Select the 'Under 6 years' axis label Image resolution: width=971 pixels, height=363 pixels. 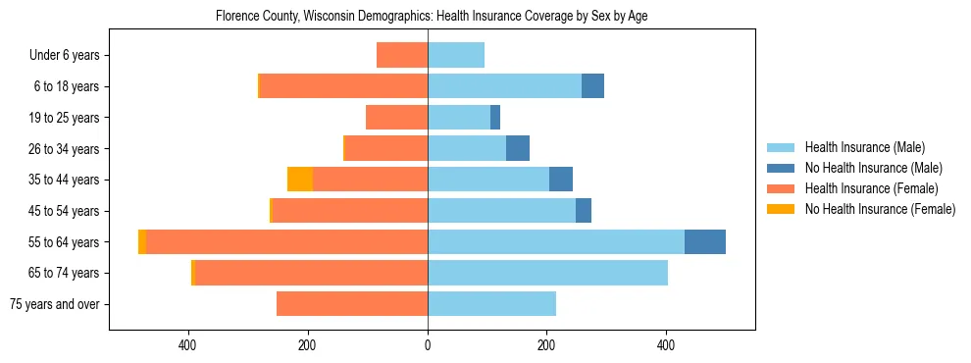[x=65, y=56]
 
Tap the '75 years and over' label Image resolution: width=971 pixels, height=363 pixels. [x=55, y=304]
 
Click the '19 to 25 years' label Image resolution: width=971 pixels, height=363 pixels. [x=65, y=118]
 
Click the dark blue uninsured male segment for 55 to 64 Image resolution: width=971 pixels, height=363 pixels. [x=704, y=242]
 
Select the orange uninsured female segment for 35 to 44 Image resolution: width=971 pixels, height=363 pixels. [x=299, y=180]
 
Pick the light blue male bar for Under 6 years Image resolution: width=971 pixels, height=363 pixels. [x=456, y=56]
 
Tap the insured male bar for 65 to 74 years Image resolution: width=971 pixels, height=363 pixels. [x=547, y=273]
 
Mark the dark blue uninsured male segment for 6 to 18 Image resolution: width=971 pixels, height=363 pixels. [x=592, y=86]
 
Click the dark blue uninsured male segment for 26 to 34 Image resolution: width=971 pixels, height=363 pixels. [x=518, y=149]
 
